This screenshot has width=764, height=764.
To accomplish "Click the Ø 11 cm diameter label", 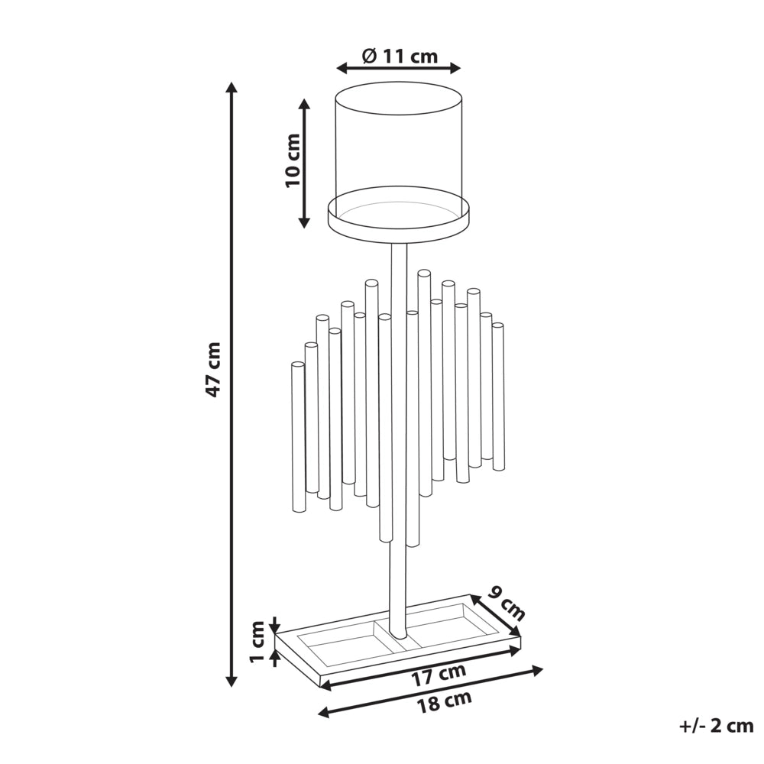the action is click(x=400, y=56).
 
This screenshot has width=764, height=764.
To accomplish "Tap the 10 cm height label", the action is click(x=293, y=160).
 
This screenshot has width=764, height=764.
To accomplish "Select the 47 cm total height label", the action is click(x=213, y=369).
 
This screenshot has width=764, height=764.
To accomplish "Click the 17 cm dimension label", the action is click(x=439, y=676).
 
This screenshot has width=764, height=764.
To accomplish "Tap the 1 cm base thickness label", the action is click(x=257, y=641).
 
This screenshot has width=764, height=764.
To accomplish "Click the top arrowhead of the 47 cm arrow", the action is click(x=232, y=87).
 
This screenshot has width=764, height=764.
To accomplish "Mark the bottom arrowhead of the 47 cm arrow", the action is click(x=232, y=681).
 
